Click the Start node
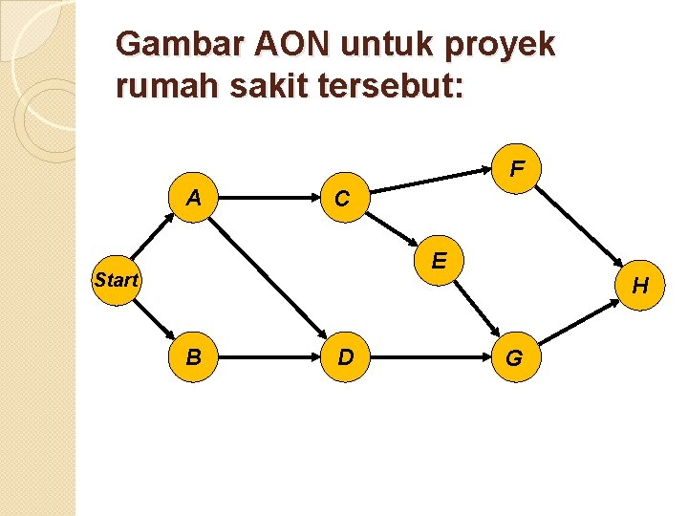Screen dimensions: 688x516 tap(116, 281)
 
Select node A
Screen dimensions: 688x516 tap(194, 199)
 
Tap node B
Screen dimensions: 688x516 tap(194, 358)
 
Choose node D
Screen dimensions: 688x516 tap(345, 358)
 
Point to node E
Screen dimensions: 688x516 tap(439, 260)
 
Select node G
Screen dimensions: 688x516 tap(513, 358)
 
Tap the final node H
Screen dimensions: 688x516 tap(639, 285)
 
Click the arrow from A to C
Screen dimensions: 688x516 tap(268, 199)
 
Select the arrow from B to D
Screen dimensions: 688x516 tap(269, 358)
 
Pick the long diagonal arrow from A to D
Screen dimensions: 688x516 tap(269, 279)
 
